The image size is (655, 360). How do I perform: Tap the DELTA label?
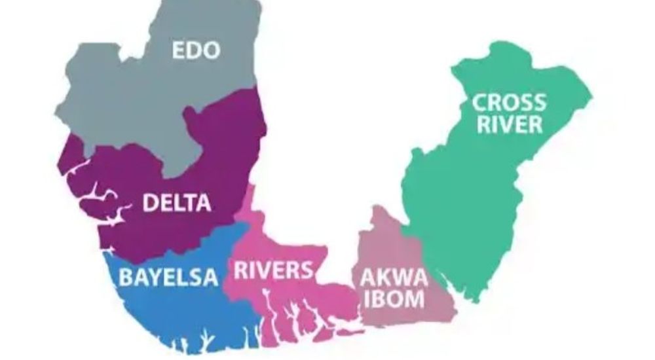(177, 203)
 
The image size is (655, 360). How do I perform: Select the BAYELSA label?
(168, 277)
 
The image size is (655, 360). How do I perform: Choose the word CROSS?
(509, 103)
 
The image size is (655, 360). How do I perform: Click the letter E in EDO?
(179, 51)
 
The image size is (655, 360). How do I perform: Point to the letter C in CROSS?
(481, 103)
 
